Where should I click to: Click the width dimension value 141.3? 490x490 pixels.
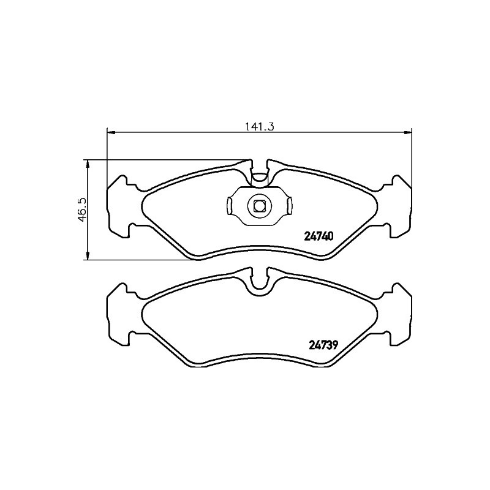(259, 127)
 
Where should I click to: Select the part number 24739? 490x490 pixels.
(323, 345)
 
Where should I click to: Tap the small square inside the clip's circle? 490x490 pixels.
(259, 206)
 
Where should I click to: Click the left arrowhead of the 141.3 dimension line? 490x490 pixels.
(111, 133)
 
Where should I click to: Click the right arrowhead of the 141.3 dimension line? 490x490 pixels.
(408, 133)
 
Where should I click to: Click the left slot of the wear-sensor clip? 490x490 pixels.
(228, 205)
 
